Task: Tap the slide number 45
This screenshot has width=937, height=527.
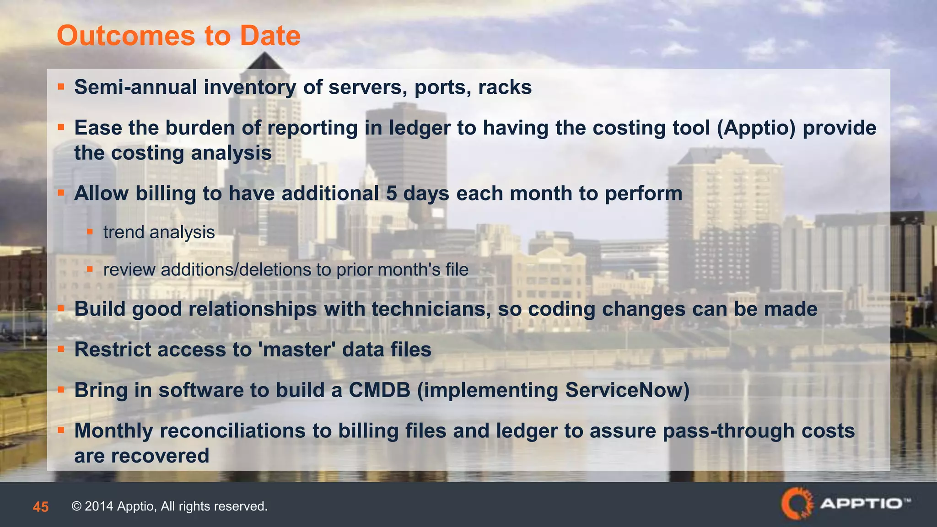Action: click(x=41, y=507)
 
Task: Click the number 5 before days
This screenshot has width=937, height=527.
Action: click(x=391, y=194)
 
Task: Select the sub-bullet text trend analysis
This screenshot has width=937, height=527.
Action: click(x=159, y=232)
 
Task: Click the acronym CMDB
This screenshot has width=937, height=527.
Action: click(x=379, y=390)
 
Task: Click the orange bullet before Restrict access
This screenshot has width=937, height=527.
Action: click(x=61, y=349)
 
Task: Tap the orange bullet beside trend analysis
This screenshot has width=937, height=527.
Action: click(x=90, y=232)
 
